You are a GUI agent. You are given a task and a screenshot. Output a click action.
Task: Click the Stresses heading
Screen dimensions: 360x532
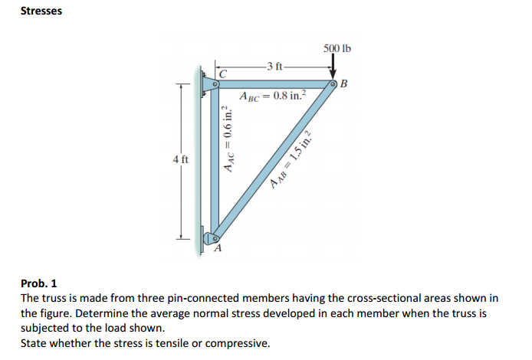tap(41, 11)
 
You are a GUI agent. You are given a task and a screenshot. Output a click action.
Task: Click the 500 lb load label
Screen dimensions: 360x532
tap(337, 49)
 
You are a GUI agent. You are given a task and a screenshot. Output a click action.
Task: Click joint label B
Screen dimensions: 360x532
tap(344, 83)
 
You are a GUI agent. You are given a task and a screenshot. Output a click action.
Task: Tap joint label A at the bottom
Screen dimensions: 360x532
tap(217, 248)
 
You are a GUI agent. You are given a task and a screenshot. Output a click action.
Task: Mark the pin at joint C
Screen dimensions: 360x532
tap(215, 83)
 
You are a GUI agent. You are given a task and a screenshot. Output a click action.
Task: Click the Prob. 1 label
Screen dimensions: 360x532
tap(38, 283)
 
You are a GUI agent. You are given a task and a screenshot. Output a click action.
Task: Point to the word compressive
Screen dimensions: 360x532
tap(238, 342)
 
